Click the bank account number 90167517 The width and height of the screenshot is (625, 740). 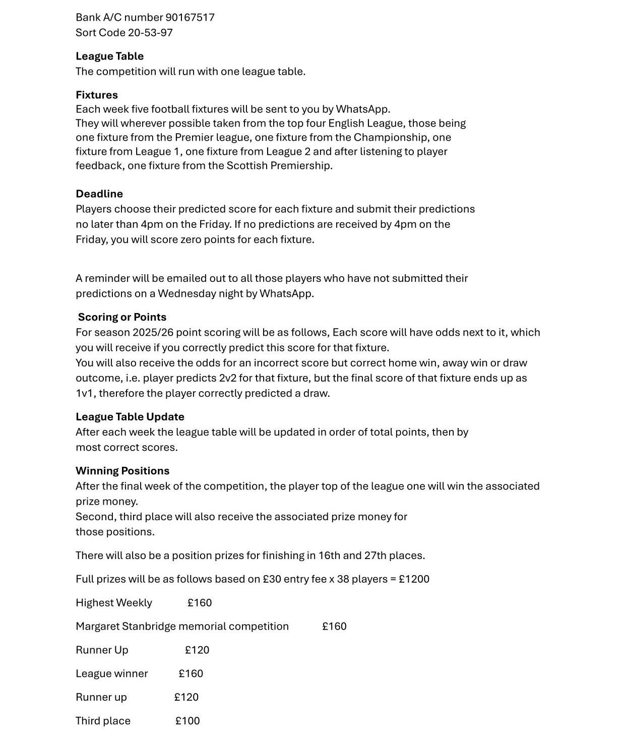[190, 18]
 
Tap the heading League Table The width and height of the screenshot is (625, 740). [109, 56]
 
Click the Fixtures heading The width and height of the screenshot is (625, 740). [97, 95]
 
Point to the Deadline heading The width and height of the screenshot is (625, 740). [99, 194]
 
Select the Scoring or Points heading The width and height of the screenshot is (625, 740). [122, 317]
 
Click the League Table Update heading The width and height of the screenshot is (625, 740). [130, 417]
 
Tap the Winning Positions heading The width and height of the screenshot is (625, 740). [122, 471]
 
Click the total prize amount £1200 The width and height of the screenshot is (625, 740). [414, 579]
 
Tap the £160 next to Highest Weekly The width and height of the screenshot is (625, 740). [200, 603]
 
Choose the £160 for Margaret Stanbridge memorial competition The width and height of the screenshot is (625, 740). [334, 627]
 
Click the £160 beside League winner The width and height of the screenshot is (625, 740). [191, 674]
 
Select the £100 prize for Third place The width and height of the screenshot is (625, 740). [187, 721]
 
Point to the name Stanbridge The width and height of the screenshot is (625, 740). [148, 627]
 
